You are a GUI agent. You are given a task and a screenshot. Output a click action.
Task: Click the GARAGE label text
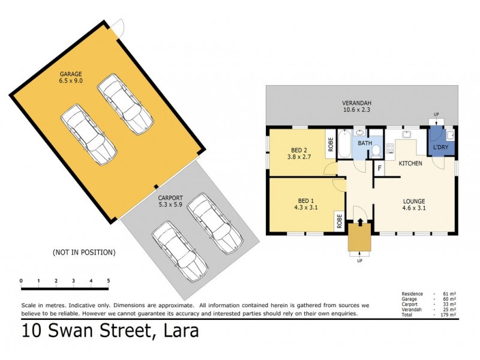tap(71, 74)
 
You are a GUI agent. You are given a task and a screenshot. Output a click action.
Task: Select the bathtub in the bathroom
tap(345, 144)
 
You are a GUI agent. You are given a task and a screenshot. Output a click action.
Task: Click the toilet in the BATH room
tap(377, 151)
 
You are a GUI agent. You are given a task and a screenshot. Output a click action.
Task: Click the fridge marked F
tap(379, 169)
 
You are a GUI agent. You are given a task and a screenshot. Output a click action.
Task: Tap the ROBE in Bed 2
tap(331, 144)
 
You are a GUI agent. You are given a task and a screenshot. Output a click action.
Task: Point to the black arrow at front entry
tap(360, 222)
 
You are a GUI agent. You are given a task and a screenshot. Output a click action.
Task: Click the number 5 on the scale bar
tap(109, 281)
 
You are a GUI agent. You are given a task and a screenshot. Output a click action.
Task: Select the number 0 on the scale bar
tap(21, 281)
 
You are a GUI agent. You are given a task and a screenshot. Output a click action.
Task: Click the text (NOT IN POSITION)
tap(83, 252)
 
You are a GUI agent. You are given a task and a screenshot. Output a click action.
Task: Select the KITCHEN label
tap(411, 163)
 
